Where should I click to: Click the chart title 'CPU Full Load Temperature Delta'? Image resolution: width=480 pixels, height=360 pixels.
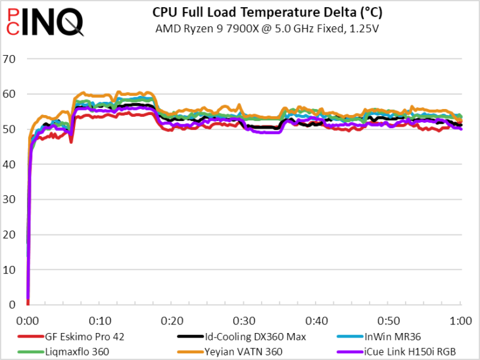click(x=267, y=12)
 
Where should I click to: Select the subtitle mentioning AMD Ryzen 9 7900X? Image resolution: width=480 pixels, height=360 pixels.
click(x=267, y=29)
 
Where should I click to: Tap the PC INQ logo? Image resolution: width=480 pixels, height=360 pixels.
click(x=45, y=22)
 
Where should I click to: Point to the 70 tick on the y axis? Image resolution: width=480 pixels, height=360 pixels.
click(x=9, y=58)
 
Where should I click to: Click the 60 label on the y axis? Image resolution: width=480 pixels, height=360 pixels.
click(x=9, y=94)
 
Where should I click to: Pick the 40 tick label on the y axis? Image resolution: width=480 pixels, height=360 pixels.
click(x=9, y=164)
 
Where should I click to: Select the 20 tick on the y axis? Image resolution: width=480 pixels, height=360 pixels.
click(x=9, y=235)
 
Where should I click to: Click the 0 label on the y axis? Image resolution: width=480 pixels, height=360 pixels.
click(x=12, y=305)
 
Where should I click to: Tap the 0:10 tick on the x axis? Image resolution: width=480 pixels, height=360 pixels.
click(x=100, y=321)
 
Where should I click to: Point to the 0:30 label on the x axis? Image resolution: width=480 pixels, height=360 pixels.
click(x=244, y=321)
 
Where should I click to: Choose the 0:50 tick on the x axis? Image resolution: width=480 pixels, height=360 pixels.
click(x=389, y=321)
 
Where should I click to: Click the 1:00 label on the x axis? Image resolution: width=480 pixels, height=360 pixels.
click(x=461, y=321)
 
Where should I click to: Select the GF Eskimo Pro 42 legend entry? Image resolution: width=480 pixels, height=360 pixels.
click(x=71, y=337)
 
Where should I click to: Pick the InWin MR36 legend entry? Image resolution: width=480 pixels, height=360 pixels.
click(x=379, y=337)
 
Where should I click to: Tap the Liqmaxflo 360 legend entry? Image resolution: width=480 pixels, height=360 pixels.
click(x=63, y=351)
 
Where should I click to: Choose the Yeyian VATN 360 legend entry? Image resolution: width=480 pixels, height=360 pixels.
click(x=230, y=351)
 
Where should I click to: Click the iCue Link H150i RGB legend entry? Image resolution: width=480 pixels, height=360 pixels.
click(x=396, y=351)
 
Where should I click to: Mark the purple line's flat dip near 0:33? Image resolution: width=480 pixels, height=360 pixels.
click(x=266, y=133)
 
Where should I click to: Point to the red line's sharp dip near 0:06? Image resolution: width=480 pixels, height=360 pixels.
click(x=71, y=141)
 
